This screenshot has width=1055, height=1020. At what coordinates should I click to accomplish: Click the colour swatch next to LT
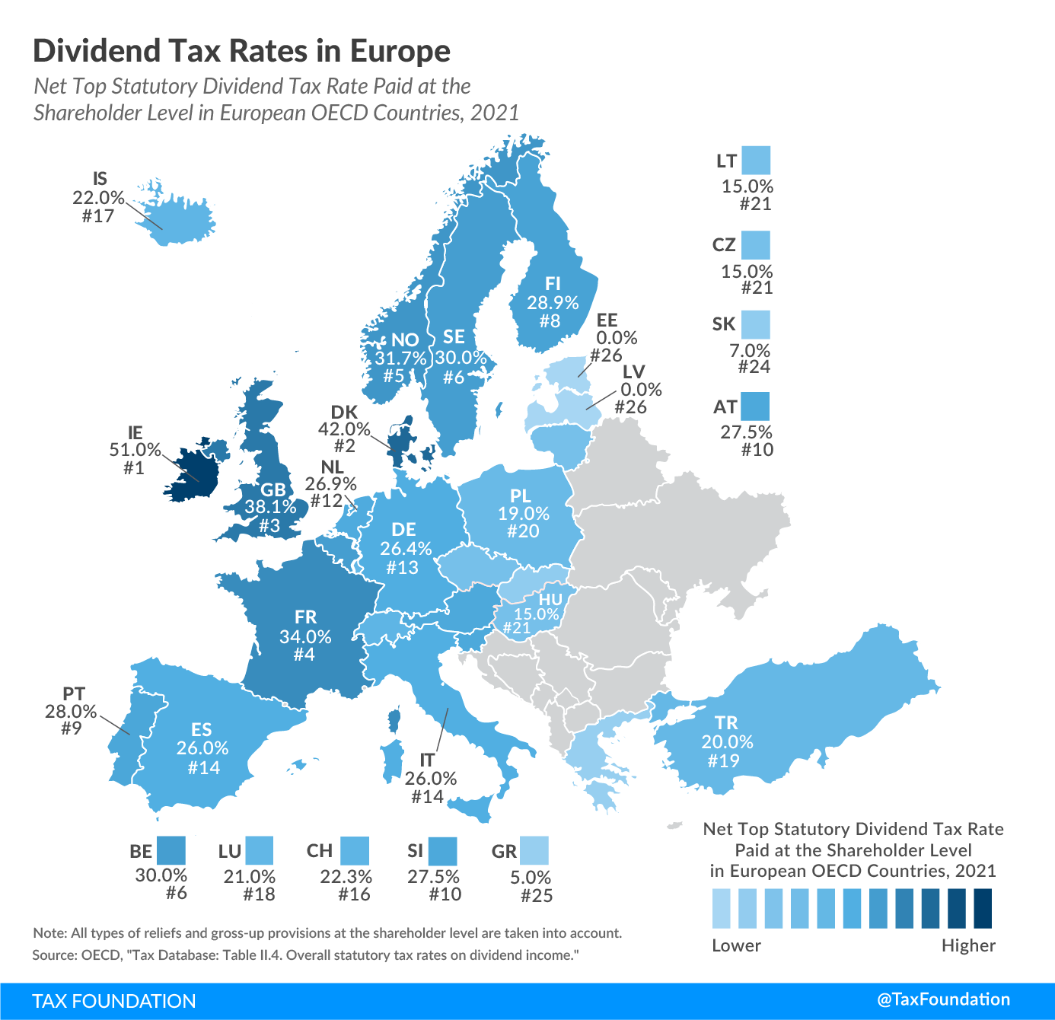click(x=756, y=161)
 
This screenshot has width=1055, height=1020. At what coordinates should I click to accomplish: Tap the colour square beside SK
click(x=756, y=324)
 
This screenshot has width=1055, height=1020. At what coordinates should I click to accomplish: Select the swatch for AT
click(x=756, y=406)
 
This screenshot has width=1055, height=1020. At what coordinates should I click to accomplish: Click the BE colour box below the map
click(x=171, y=850)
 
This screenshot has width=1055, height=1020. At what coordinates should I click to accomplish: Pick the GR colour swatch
click(x=534, y=850)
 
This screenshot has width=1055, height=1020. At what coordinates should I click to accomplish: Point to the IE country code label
click(x=135, y=432)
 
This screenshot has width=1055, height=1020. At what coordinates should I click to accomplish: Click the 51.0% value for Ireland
click(x=135, y=450)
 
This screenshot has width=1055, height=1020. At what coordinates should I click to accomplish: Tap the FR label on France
click(x=305, y=617)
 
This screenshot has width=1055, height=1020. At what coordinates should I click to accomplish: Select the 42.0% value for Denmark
click(x=344, y=429)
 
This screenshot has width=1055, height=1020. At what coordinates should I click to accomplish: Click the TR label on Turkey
click(x=726, y=722)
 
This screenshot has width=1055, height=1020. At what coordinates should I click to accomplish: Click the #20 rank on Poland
click(x=523, y=531)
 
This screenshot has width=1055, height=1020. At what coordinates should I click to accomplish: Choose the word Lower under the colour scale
click(x=736, y=945)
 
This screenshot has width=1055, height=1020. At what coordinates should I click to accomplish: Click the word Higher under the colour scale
click(x=968, y=945)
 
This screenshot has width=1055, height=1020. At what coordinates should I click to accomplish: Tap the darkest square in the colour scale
click(x=983, y=908)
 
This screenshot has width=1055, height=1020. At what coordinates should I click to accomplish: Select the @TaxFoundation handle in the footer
click(x=944, y=999)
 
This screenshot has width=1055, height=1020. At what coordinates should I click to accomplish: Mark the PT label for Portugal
click(x=74, y=693)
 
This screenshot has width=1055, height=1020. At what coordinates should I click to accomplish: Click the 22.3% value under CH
click(x=346, y=877)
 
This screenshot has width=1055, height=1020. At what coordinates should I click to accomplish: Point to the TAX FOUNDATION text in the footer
click(x=114, y=1001)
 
